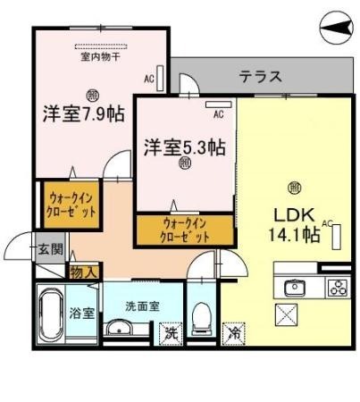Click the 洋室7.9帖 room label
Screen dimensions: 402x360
83,114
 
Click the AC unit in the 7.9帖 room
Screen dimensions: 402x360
159,75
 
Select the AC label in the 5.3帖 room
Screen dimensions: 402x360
218,114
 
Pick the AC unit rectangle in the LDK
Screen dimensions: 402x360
338,236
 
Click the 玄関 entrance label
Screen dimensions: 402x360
50,249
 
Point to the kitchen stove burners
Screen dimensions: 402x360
338,288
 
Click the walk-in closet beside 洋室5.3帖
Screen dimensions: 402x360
186,230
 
